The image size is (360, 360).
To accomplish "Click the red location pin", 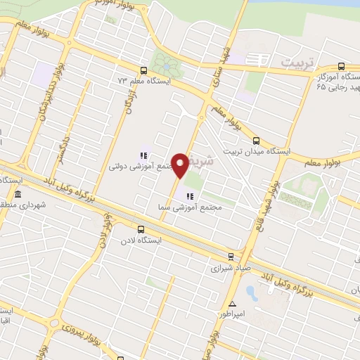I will [x=181, y=165].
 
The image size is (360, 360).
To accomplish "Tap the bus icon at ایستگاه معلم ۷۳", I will [x=143, y=70].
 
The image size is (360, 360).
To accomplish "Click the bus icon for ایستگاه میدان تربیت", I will [x=256, y=140].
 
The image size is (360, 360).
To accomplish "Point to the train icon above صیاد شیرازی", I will [x=231, y=256].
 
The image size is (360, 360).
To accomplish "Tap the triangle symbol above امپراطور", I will [x=232, y=303].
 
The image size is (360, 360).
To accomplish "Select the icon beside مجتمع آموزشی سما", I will [x=188, y=195].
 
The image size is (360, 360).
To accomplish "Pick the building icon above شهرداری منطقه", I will [x=18, y=195].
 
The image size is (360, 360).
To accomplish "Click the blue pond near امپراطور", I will [x=250, y=290].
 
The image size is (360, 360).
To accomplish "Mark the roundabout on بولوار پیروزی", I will [x=54, y=323].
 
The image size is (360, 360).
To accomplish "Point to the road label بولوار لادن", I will [x=104, y=231].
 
